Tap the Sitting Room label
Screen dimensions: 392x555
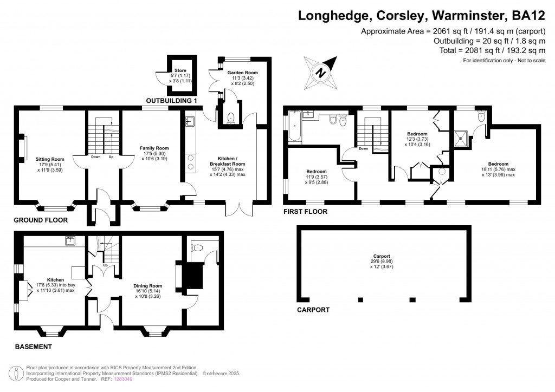click(50, 159)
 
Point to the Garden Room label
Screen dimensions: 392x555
click(242, 73)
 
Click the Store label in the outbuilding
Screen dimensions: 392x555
click(179, 70)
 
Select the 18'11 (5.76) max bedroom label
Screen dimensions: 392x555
click(498, 164)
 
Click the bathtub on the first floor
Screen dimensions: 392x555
click(294, 126)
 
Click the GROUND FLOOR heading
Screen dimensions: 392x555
click(41, 220)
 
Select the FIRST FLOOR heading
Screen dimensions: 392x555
click(305, 212)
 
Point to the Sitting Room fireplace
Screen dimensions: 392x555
click(24, 148)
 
